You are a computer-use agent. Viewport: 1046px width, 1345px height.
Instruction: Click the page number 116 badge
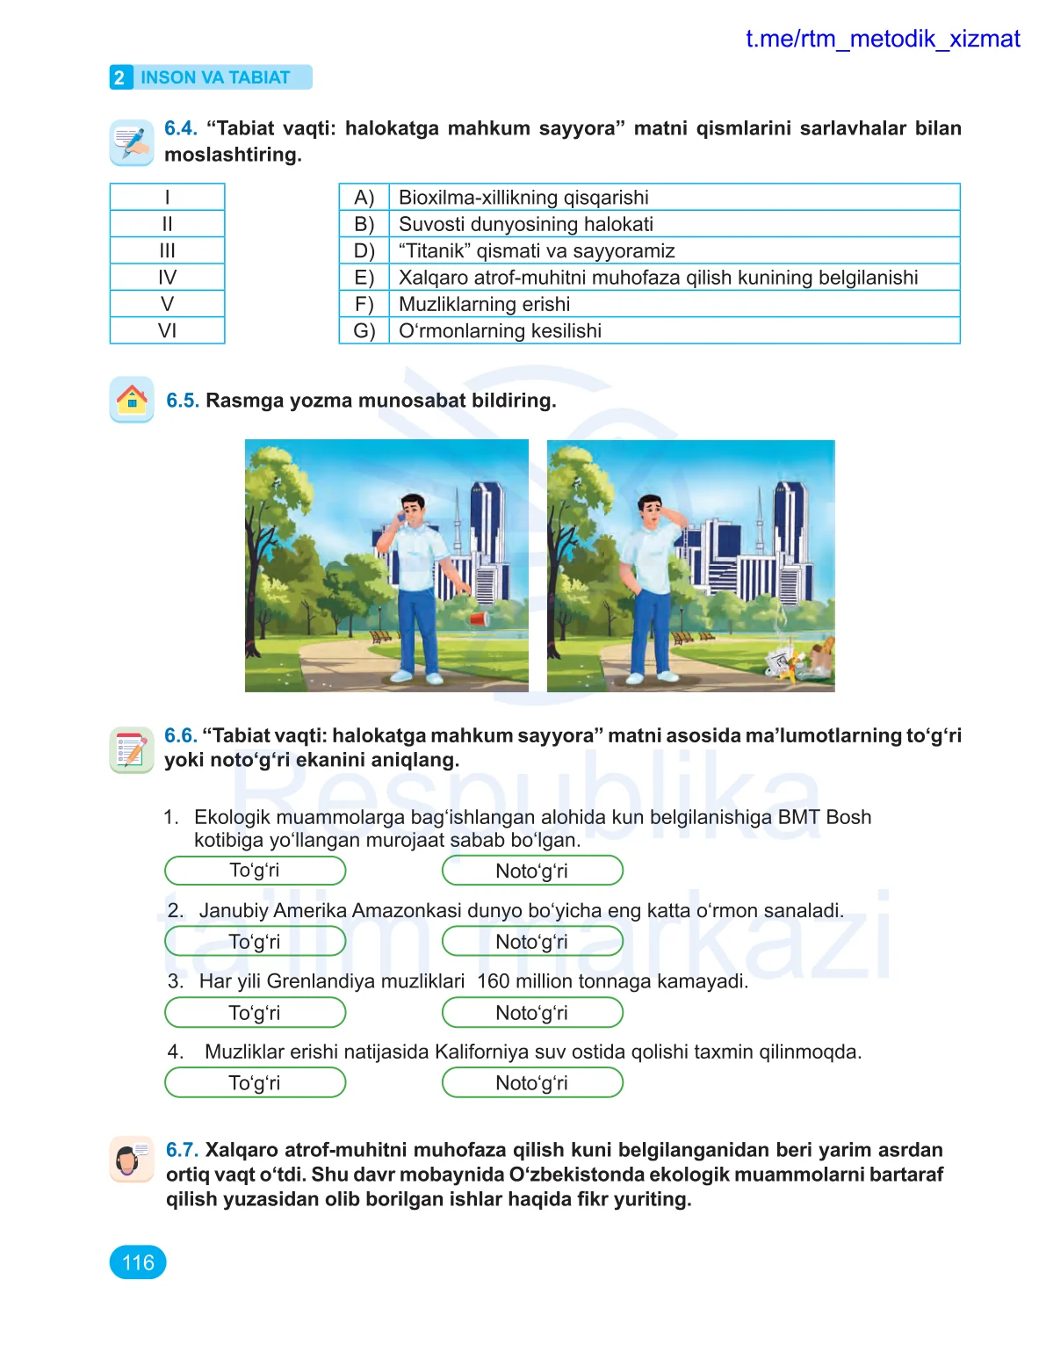click(x=138, y=1262)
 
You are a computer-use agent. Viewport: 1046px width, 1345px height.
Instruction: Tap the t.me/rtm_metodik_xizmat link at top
click(x=882, y=39)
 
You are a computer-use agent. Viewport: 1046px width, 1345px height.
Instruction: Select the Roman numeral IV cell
click(x=167, y=278)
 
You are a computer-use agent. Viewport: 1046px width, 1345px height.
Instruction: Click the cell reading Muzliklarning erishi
click(x=484, y=304)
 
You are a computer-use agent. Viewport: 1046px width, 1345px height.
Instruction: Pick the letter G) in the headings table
click(x=364, y=331)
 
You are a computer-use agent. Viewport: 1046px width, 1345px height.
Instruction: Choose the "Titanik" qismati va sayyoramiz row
click(x=536, y=251)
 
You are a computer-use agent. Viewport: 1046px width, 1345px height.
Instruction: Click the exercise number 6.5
click(x=183, y=401)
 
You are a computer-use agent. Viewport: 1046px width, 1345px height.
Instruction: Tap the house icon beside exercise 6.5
click(x=132, y=400)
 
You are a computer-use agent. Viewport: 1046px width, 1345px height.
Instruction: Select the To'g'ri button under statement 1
click(x=255, y=871)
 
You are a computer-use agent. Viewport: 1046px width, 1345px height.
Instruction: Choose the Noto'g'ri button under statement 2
click(x=532, y=942)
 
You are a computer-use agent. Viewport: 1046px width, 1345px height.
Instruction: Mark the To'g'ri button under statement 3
click(x=255, y=1013)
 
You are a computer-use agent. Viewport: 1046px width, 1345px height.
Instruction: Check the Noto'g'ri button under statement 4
click(x=532, y=1083)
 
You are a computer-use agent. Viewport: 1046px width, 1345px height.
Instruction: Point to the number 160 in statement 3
click(x=493, y=981)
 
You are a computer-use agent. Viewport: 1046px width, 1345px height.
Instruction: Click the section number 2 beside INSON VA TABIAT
click(x=119, y=77)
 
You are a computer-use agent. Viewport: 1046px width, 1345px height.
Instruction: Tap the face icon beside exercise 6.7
click(x=132, y=1160)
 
